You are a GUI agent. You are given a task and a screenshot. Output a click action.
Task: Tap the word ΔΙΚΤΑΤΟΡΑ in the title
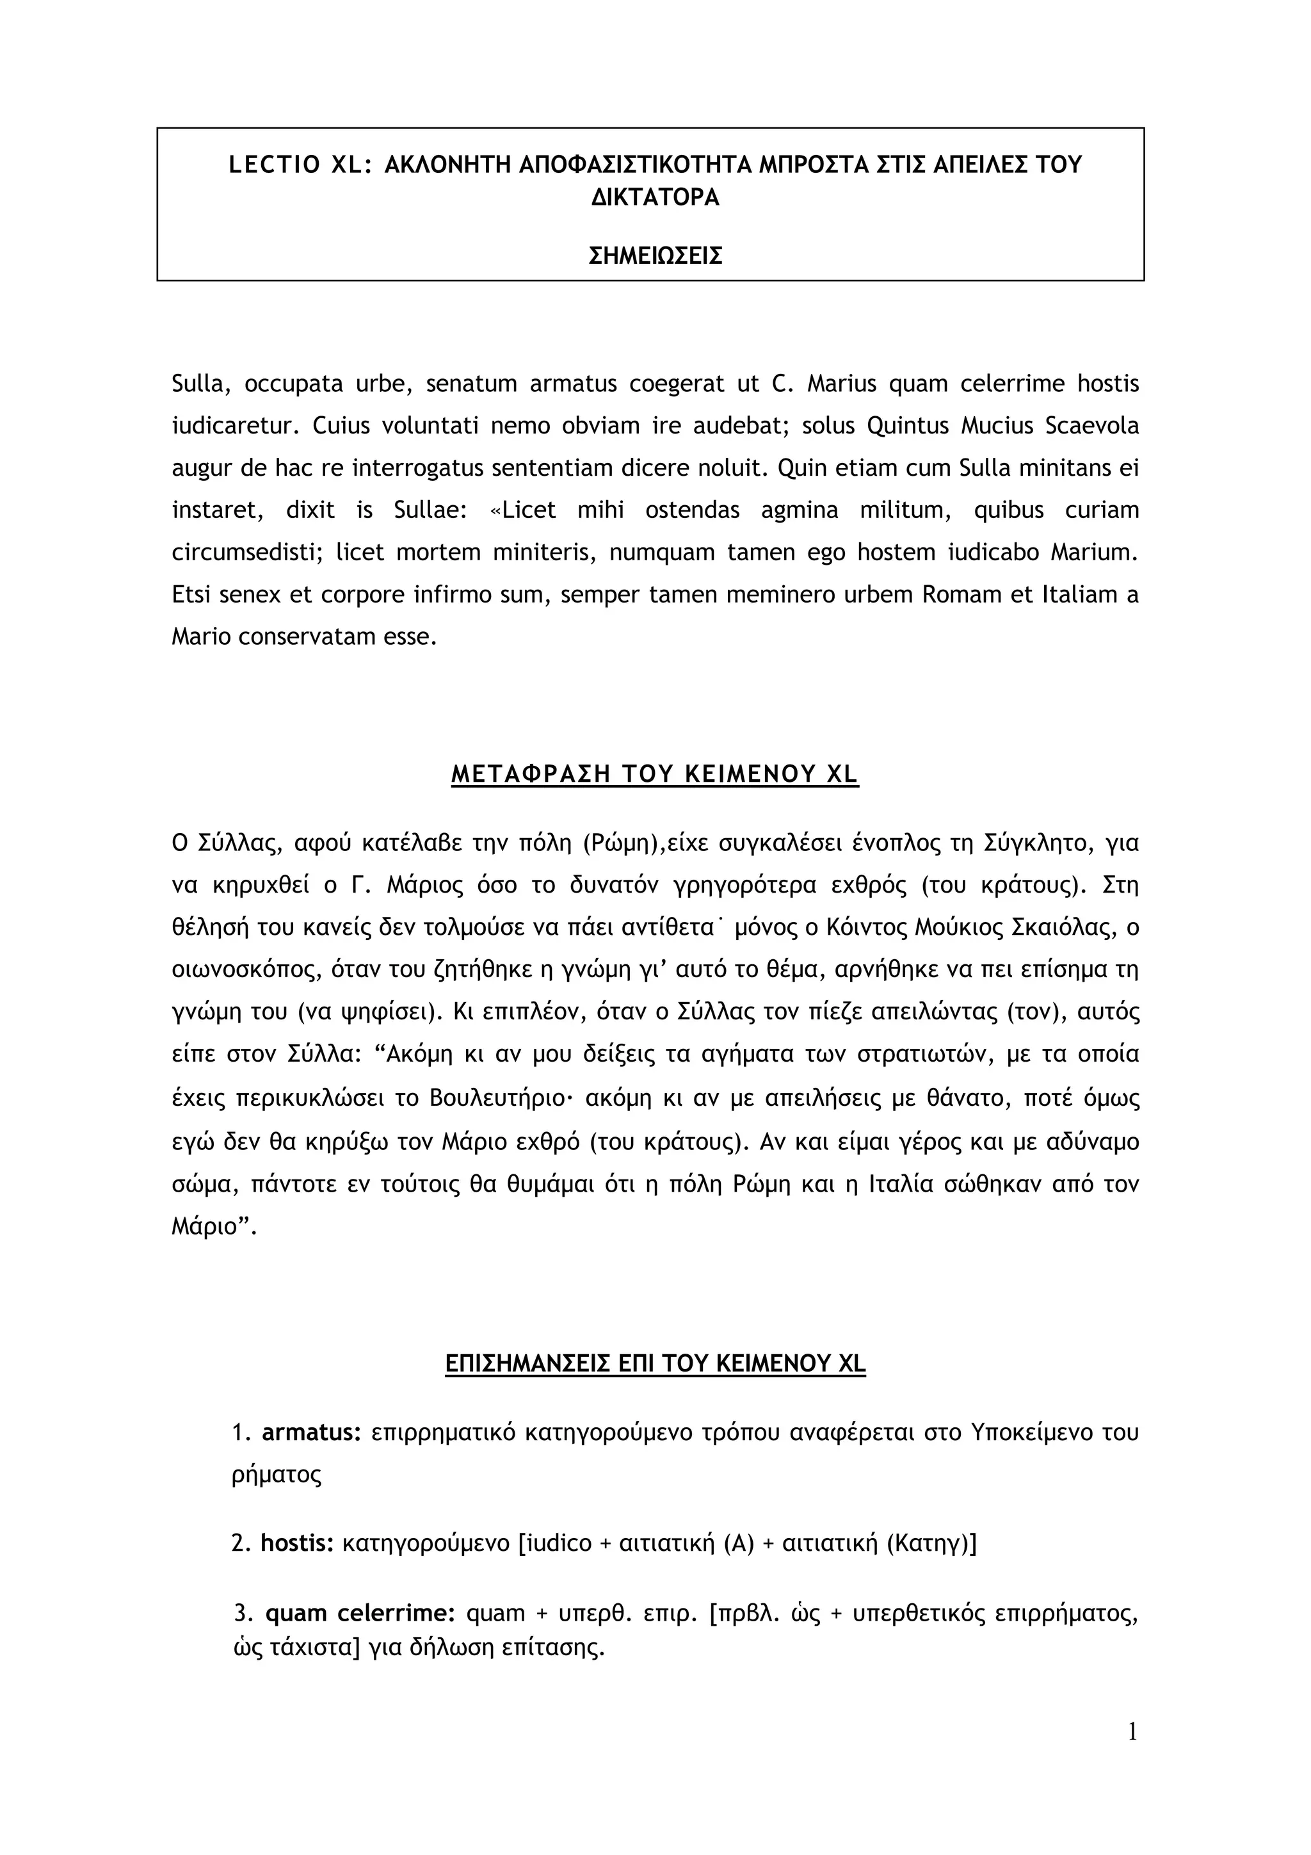(655, 198)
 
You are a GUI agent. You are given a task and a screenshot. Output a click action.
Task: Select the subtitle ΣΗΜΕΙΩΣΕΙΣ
(655, 256)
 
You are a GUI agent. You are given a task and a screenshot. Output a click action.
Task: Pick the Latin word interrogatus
(429, 469)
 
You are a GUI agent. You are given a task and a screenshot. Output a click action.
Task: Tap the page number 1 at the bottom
(1132, 1755)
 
